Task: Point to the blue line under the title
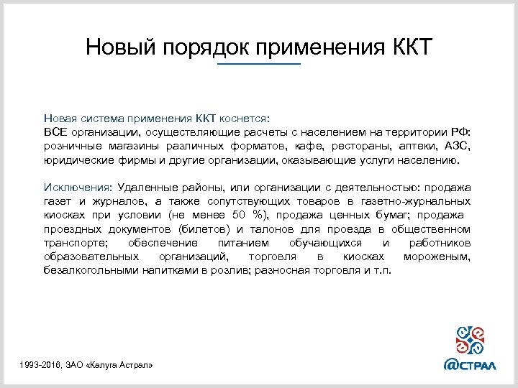click(259, 65)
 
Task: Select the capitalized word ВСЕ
click(55, 133)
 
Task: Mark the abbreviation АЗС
click(458, 147)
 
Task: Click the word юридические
click(76, 161)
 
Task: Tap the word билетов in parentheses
click(215, 230)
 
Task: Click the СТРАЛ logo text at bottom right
click(480, 364)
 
